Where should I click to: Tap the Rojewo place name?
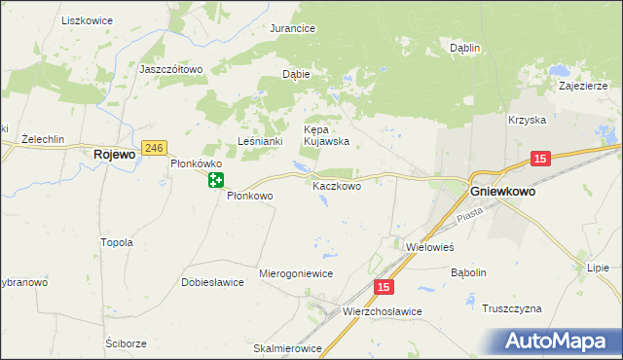[x=113, y=154]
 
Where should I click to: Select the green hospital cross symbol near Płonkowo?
[x=215, y=180]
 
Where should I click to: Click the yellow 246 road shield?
[x=153, y=147]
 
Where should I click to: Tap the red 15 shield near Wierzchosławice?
[x=385, y=287]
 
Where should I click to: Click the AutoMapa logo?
[x=559, y=342]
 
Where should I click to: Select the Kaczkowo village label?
[x=337, y=185]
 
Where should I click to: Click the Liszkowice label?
[x=87, y=19]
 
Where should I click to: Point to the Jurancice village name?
[x=292, y=29]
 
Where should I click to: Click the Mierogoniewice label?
[x=296, y=273]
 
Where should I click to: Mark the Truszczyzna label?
[x=512, y=308]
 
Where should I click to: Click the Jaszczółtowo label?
[x=170, y=69]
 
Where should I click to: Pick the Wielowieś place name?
[x=430, y=247]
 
